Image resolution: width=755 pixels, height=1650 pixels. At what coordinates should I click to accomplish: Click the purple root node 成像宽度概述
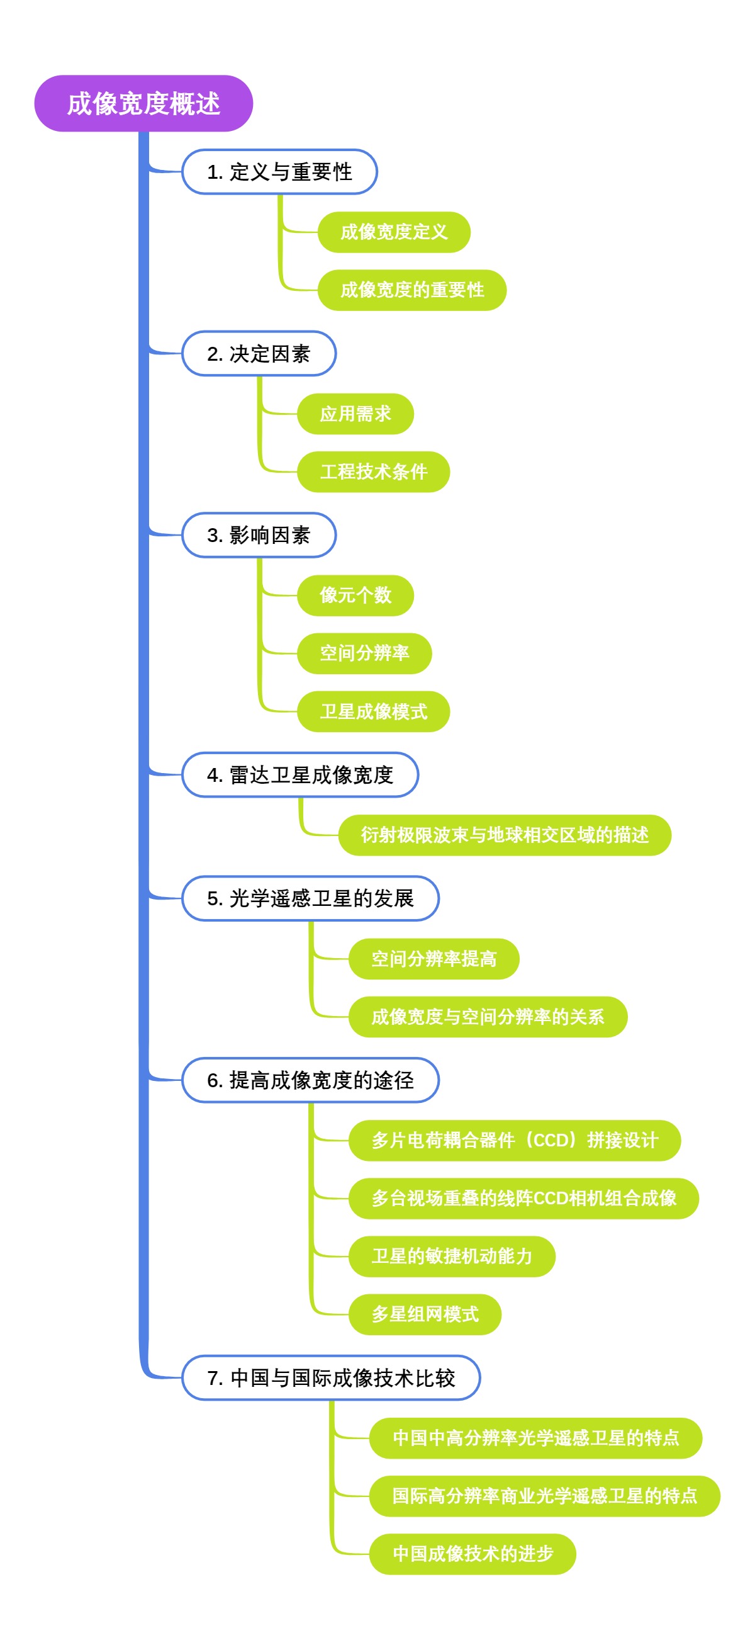point(143,104)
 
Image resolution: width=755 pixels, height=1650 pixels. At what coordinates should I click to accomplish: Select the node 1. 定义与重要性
point(279,172)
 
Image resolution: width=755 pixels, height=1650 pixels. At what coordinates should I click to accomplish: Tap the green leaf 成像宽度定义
point(393,232)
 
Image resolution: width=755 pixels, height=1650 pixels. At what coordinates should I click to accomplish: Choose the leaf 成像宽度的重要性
point(411,290)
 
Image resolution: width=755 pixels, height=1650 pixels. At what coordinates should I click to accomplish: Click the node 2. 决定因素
point(259,354)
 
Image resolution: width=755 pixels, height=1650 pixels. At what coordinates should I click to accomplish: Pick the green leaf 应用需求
point(355,414)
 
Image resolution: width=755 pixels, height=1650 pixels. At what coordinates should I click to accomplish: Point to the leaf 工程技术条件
point(372,472)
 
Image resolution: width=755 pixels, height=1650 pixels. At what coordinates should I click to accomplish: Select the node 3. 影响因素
point(259,535)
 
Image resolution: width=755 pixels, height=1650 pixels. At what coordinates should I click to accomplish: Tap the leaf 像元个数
point(355,595)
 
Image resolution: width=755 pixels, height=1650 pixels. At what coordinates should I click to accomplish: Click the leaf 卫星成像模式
point(372,711)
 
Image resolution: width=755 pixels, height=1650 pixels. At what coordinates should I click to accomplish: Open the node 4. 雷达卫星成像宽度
point(299,775)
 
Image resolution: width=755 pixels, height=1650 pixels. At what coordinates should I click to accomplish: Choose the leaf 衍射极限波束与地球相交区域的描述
point(504,835)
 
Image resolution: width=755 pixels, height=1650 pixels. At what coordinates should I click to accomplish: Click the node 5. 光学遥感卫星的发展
point(310,899)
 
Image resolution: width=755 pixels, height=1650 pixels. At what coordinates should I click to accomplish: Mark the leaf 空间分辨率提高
point(433,959)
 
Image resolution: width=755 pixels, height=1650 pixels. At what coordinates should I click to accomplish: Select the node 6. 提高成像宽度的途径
point(310,1080)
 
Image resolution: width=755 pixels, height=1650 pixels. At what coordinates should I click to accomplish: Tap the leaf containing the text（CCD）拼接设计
point(514,1140)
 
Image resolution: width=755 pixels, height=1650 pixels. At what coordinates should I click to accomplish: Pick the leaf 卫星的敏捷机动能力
point(452,1256)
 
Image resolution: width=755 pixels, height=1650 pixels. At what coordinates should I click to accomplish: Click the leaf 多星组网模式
point(425,1314)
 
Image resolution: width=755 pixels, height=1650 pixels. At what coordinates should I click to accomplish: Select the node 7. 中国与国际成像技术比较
point(330,1378)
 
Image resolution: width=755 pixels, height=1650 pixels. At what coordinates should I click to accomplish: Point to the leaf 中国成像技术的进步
point(472,1554)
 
